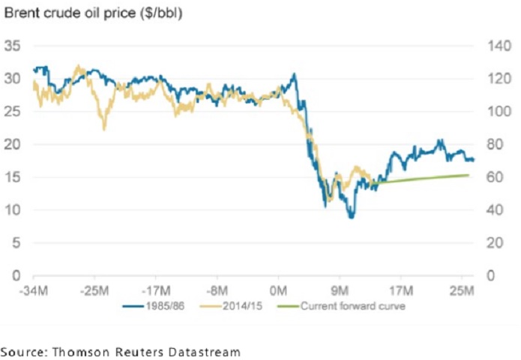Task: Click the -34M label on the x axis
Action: pyautogui.click(x=32, y=289)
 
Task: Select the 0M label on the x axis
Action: pyautogui.click(x=278, y=289)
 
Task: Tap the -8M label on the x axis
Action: pyautogui.click(x=219, y=289)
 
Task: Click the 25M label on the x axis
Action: pyautogui.click(x=461, y=289)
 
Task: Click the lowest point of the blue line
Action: pyautogui.click(x=350, y=217)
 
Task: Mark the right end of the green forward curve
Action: pyautogui.click(x=469, y=175)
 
